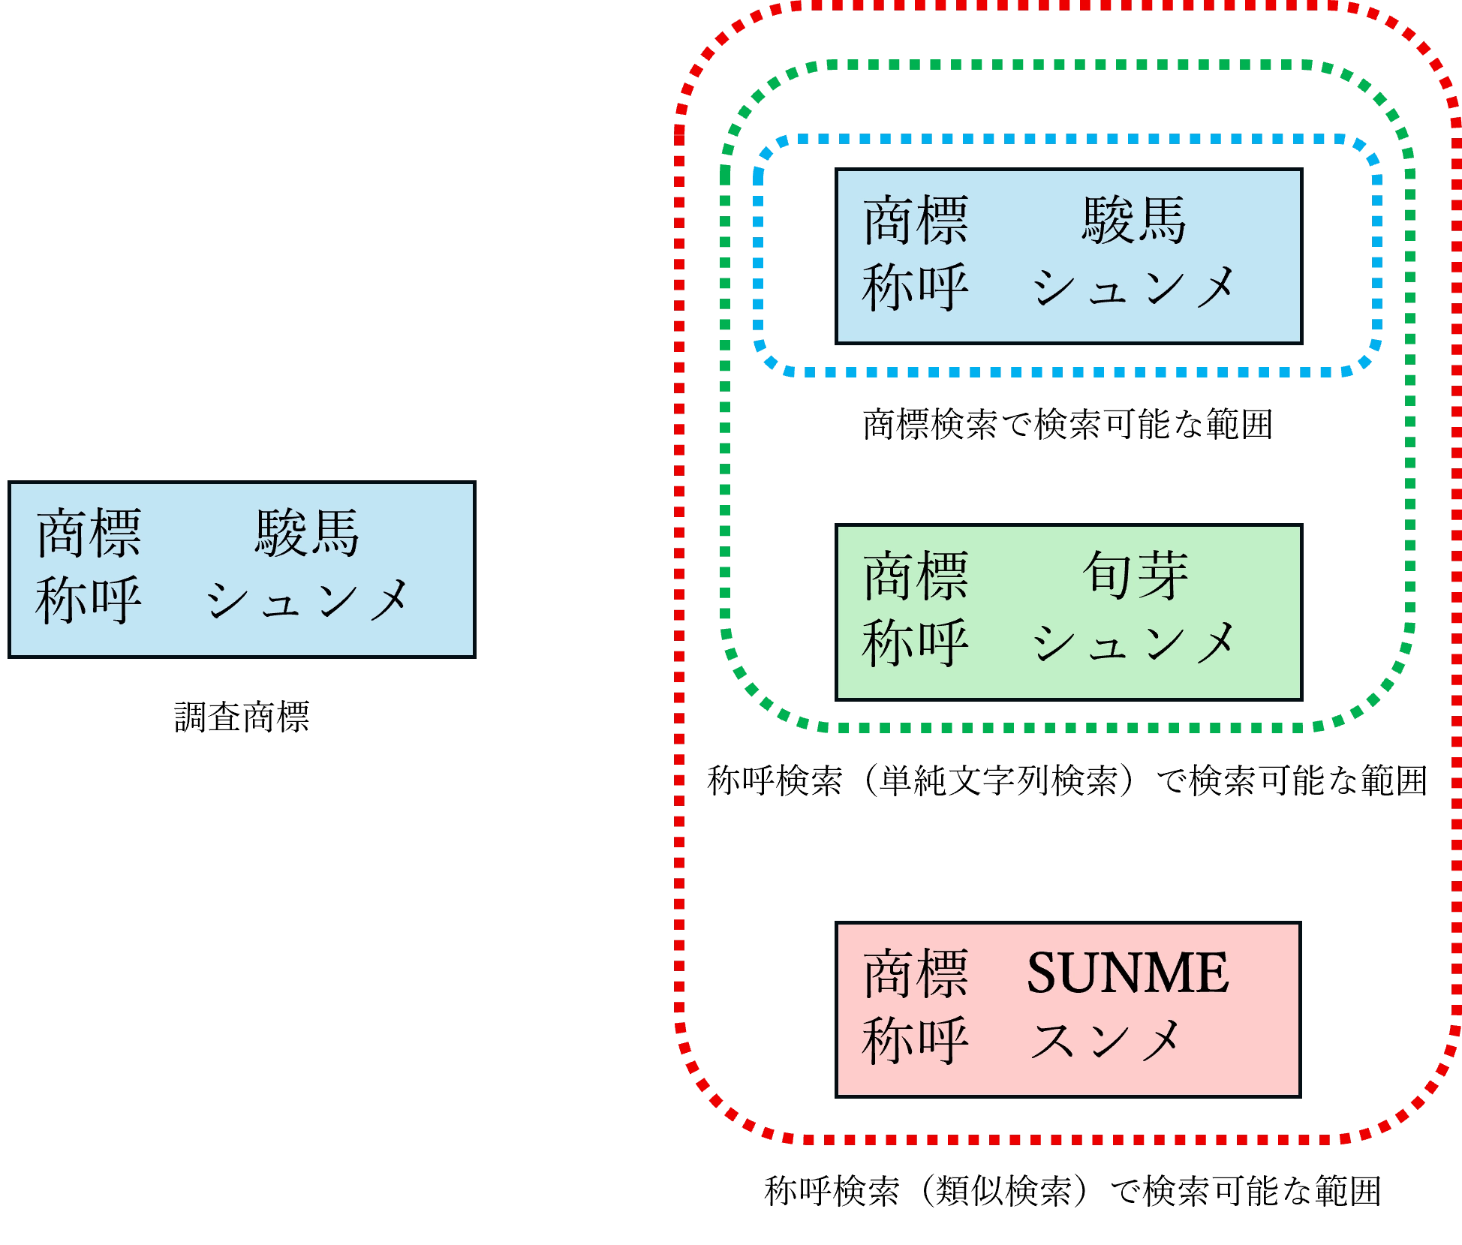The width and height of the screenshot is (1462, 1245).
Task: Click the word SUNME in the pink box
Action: tap(1127, 973)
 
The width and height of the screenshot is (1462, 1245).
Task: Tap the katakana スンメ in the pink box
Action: tap(1105, 1040)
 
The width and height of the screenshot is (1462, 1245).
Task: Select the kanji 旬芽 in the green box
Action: tap(1135, 576)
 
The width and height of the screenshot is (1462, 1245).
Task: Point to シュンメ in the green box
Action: tap(1133, 643)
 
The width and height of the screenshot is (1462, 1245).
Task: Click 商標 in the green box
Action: tap(916, 576)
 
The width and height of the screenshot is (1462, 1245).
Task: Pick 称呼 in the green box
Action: tap(916, 643)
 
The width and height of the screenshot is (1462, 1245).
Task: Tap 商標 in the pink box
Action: tap(916, 973)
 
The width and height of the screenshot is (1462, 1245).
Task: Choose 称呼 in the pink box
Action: tap(916, 1040)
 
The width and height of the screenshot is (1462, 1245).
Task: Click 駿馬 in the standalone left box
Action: tap(307, 534)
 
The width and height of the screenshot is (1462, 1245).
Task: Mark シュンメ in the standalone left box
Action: tap(307, 600)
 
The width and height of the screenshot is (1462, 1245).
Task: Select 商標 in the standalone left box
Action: tap(89, 534)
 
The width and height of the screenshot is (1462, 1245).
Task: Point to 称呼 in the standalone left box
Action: tap(89, 600)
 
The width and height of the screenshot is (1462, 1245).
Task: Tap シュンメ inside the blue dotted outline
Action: tap(1133, 287)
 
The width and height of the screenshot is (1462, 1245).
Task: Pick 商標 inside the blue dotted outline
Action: tap(916, 221)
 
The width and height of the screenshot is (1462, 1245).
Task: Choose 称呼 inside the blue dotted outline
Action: tap(916, 287)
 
